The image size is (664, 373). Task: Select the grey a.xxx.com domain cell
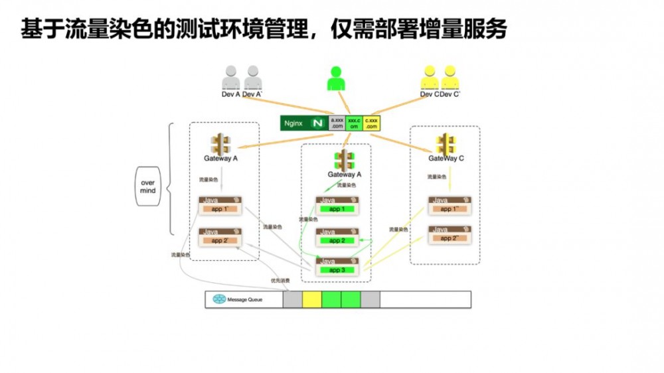337,123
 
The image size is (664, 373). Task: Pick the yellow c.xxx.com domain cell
371,123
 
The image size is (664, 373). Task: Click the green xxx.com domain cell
354,123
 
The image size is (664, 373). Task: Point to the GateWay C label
446,159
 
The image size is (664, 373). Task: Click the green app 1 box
337,209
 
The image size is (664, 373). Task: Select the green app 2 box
337,240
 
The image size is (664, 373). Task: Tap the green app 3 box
337,270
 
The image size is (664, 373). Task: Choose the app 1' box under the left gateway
219,209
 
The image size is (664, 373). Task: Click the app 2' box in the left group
219,240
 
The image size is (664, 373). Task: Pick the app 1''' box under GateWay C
450,209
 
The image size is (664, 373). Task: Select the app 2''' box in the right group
450,238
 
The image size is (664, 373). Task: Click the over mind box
147,186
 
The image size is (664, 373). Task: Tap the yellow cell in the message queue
312,300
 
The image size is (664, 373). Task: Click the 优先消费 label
280,281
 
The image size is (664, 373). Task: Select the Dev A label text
230,95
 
